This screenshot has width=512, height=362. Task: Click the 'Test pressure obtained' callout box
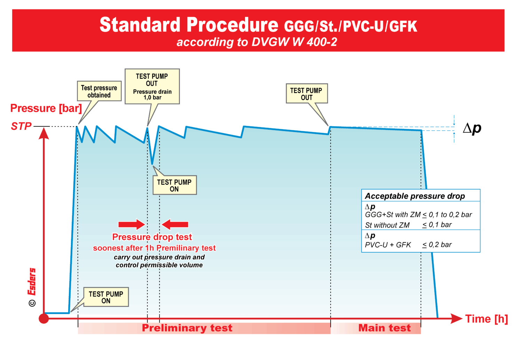pos(99,91)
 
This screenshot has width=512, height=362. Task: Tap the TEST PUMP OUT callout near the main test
pos(307,94)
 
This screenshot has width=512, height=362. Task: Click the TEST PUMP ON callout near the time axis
pos(106,297)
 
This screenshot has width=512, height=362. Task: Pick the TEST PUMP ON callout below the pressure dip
pos(174,185)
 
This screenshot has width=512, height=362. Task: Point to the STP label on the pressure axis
pos(21,126)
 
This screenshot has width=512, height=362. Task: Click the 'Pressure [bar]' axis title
pos(46,108)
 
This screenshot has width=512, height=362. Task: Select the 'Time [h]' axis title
pos(486,319)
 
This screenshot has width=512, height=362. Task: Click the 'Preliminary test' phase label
pos(187,328)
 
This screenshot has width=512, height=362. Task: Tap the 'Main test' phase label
pos(384,328)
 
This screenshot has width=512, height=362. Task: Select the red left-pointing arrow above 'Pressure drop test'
pos(175,225)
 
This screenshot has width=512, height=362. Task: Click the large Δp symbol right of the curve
pos(472,128)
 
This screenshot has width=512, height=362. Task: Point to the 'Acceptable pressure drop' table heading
pos(415,196)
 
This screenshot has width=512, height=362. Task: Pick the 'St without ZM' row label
pos(387,225)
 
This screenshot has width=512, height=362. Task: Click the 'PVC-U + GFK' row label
pos(388,245)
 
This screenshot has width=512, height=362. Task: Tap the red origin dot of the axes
pos(44,318)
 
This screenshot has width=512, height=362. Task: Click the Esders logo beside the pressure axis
pos(32,281)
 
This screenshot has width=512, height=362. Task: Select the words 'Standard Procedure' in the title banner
pos(189,25)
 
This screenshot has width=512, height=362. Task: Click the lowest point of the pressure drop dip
pos(152,163)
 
